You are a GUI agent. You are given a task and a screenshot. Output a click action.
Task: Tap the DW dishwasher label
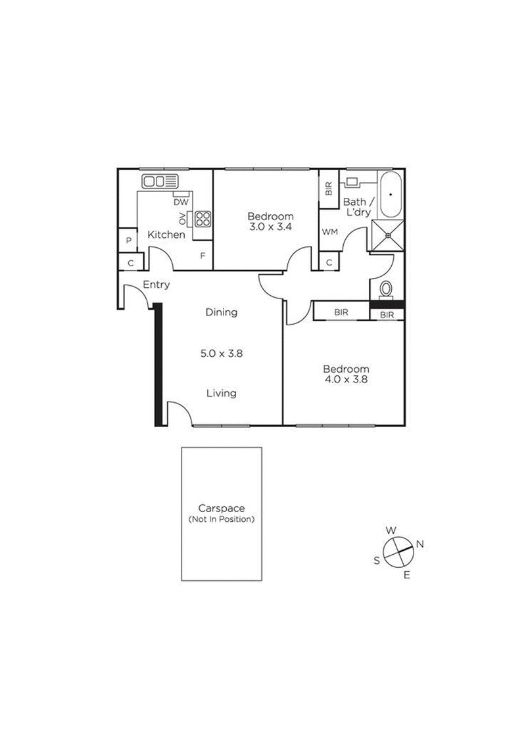coord(181,202)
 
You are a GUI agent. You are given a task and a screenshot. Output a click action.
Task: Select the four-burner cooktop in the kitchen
coord(203,218)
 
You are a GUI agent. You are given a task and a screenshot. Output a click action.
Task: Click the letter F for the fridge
coord(202,255)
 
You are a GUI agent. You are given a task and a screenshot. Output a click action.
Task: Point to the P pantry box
coord(130,241)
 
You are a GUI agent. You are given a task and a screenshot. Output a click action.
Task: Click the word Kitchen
coord(166,235)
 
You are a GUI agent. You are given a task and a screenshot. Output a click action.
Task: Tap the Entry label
coord(156,285)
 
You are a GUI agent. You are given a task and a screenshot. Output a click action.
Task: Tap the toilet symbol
coord(387,290)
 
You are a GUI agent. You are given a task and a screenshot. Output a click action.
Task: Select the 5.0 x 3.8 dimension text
coord(221,353)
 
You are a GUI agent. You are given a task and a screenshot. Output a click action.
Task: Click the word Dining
coord(221,312)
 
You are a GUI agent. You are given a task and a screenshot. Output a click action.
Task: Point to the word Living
coord(221,393)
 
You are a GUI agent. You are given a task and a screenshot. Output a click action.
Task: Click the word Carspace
coord(222,508)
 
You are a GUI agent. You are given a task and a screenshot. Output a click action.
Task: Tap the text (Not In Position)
coord(222,519)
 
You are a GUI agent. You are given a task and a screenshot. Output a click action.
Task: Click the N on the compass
coord(419,544)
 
